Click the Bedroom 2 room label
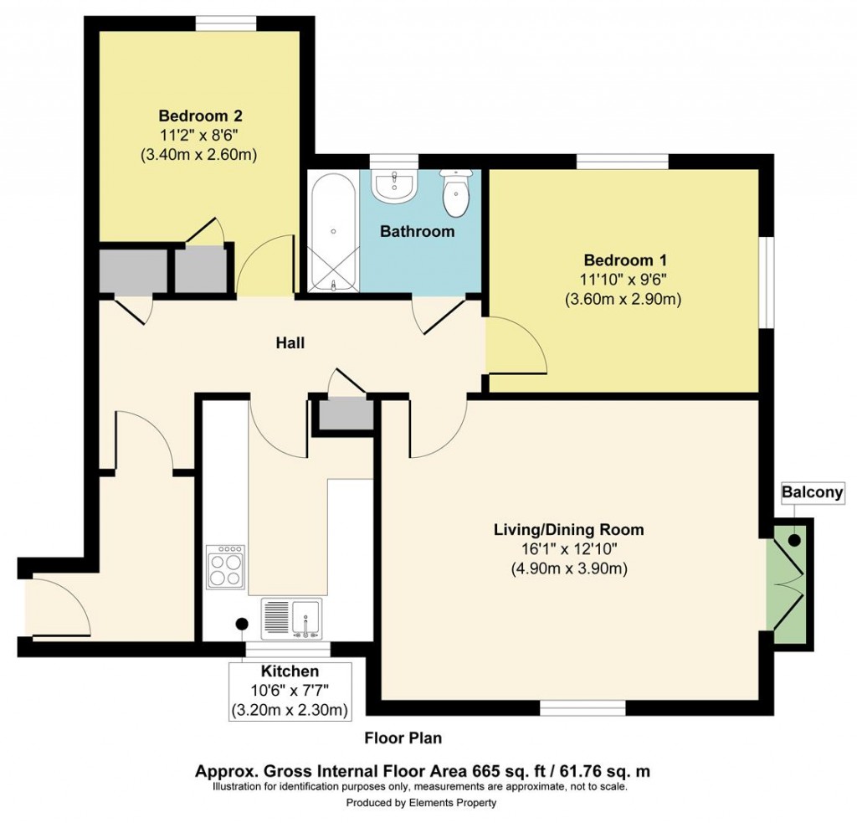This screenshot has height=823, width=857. tap(200, 116)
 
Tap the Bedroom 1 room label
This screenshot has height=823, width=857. tap(624, 260)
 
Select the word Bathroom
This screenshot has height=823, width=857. tap(417, 231)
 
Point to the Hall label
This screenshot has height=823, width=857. tap(290, 343)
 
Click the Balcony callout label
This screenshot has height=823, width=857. tap(812, 492)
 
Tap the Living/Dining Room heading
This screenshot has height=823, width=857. tap(568, 529)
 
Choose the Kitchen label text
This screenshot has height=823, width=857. tap(290, 671)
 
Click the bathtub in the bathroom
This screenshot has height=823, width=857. tap(333, 233)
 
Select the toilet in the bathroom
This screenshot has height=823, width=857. tap(455, 192)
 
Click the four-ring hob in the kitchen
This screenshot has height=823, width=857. tap(226, 567)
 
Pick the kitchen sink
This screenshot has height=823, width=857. tap(292, 619)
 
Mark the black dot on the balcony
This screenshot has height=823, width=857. tap(793, 540)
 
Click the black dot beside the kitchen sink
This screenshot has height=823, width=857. tap(241, 624)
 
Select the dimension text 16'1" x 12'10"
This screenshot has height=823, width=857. tap(569, 549)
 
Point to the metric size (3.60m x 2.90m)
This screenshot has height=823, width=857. tap(623, 300)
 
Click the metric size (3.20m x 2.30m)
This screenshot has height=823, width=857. tap(290, 710)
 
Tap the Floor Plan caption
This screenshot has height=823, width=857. tap(403, 738)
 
